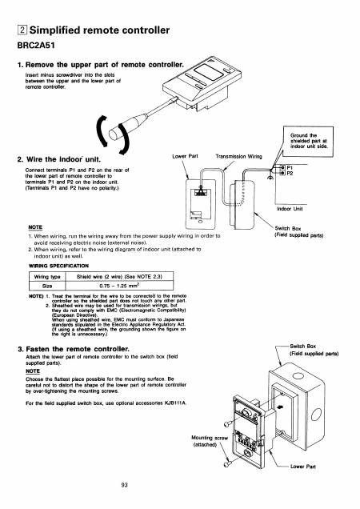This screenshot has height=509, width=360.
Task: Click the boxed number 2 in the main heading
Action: tap(22, 30)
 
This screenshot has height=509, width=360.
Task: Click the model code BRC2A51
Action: tap(36, 45)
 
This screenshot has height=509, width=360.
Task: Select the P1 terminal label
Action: tap(290, 167)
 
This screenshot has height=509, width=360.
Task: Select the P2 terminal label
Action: tap(290, 174)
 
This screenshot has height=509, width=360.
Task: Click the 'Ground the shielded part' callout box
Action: tap(308, 141)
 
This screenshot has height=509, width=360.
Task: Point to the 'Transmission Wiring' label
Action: tap(238, 157)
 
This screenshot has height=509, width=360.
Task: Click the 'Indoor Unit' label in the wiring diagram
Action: tap(290, 209)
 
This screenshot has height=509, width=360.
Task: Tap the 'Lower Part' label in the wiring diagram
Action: tap(185, 156)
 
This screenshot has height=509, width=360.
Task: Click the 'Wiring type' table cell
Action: tap(47, 277)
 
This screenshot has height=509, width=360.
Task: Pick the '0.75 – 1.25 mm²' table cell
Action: tap(119, 286)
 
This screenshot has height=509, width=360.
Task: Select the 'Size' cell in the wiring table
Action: tap(47, 286)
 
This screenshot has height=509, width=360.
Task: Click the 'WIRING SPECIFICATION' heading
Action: tap(58, 266)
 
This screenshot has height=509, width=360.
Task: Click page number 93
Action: tap(124, 485)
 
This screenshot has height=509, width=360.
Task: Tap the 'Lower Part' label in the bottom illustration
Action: tap(303, 467)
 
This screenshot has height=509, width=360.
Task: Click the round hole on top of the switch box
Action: tap(298, 376)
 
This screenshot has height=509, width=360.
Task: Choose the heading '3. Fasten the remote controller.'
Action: tap(74, 349)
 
